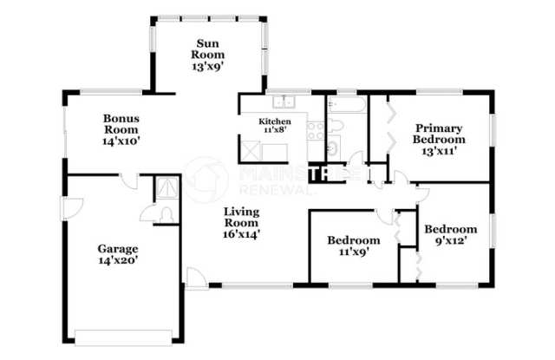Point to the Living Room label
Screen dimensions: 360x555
pos(242,221)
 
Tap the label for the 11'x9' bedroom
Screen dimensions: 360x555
pos(353,245)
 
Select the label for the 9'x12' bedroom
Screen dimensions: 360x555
pos(450,235)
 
